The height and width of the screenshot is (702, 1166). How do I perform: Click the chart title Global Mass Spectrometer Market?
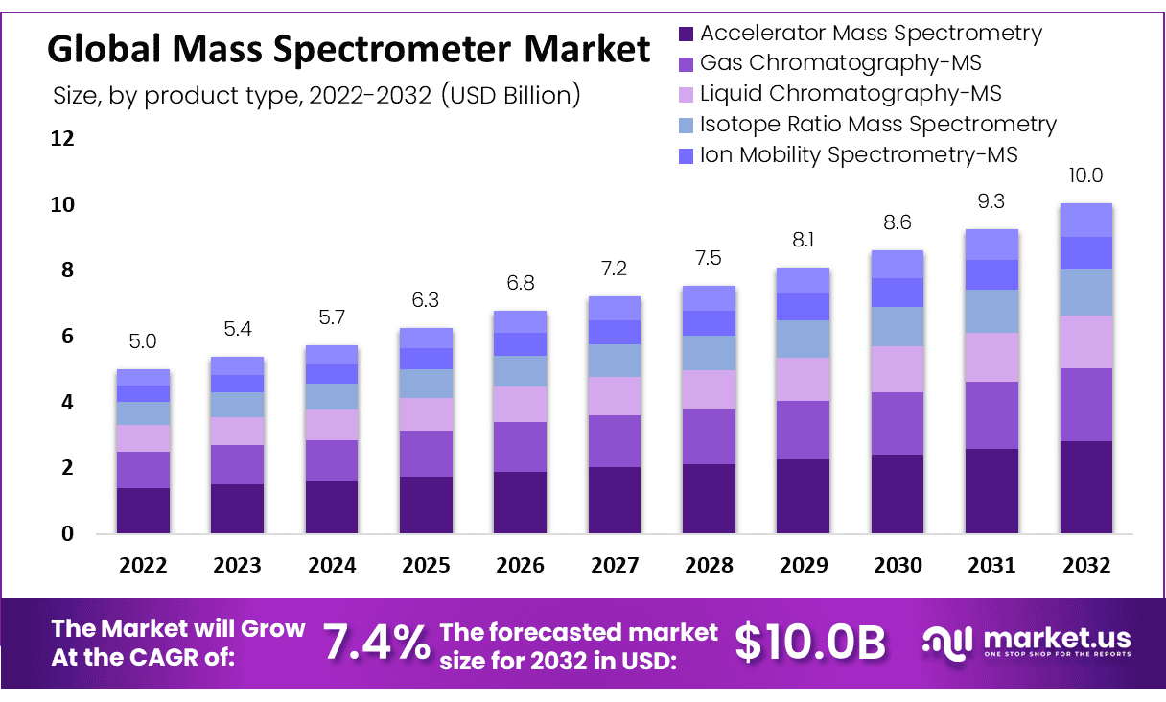349,48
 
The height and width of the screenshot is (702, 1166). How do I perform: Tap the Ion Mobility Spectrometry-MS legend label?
858,154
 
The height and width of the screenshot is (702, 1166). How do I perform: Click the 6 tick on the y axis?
68,337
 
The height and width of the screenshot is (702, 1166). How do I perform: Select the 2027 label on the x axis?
614,566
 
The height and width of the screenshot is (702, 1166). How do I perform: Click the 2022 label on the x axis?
143,566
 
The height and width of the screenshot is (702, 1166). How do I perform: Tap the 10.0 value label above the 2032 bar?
1085,175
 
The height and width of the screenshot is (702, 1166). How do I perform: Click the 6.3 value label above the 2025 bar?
425,300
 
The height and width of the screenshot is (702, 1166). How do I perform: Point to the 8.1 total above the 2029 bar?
803,240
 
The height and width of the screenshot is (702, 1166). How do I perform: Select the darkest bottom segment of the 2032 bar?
1085,486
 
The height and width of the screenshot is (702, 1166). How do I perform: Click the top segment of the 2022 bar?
143,377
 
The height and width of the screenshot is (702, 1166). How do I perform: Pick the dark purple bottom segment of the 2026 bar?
520,502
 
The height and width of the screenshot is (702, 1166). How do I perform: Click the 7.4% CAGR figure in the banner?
376,643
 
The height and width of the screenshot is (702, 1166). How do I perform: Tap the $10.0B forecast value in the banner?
810,643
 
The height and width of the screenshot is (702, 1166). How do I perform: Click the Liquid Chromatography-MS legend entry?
850,94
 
